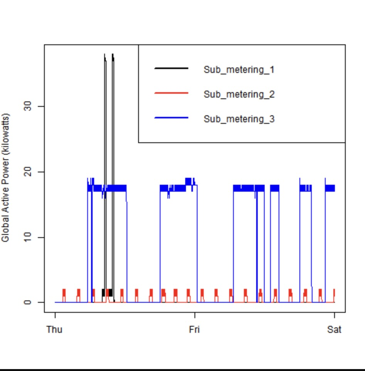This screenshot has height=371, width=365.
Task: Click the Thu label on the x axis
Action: click(x=54, y=329)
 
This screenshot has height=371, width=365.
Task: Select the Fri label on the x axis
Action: click(x=194, y=329)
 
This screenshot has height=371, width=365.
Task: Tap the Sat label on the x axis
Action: click(x=334, y=329)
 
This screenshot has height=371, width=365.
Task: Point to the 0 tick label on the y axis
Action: click(x=27, y=302)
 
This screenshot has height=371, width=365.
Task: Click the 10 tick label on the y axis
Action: click(x=27, y=237)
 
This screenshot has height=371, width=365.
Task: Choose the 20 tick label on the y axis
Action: click(x=27, y=172)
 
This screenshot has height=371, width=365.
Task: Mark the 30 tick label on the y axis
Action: click(x=27, y=106)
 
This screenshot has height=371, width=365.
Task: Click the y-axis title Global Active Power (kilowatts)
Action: click(x=5, y=177)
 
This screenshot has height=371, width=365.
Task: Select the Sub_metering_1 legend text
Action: click(x=239, y=70)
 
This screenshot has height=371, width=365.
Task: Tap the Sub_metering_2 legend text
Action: click(x=239, y=94)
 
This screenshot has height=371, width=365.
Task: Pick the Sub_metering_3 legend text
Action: click(x=239, y=119)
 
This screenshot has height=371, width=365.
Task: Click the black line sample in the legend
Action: click(x=171, y=69)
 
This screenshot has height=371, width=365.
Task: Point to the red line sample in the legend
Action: click(x=171, y=93)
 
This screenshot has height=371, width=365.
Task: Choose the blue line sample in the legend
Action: click(x=171, y=118)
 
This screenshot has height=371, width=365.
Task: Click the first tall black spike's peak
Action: click(x=105, y=55)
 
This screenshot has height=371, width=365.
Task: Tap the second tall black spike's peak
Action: click(x=113, y=55)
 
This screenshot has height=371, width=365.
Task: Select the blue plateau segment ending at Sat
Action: click(x=330, y=188)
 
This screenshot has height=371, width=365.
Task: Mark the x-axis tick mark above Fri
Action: click(x=194, y=315)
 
